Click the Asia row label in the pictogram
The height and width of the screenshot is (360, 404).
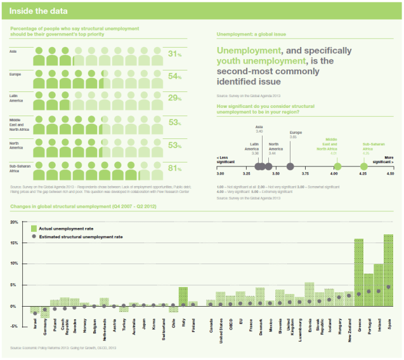point(13,51)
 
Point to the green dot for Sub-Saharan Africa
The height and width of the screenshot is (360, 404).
point(363,167)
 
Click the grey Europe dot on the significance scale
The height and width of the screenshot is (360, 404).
point(290,167)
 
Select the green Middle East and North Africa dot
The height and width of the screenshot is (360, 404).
point(337,167)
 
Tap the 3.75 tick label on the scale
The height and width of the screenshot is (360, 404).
point(305,173)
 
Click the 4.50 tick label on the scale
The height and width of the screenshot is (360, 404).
point(389,173)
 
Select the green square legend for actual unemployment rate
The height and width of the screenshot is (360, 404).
point(34,228)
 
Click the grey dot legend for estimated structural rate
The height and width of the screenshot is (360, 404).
point(34,236)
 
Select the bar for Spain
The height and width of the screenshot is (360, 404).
point(389,270)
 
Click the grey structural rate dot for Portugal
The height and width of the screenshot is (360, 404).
point(369,291)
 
